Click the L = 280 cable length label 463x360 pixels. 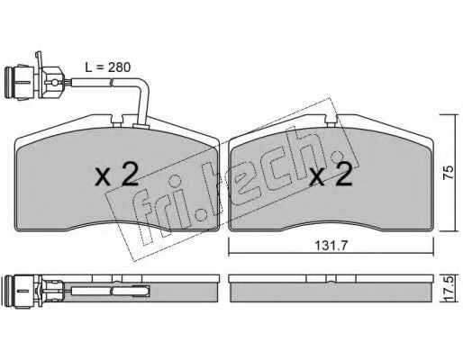pyautogui.click(x=108, y=67)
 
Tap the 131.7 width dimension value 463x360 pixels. pyautogui.click(x=331, y=246)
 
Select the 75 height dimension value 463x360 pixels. pyautogui.click(x=449, y=173)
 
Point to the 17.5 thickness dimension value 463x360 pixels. pyautogui.click(x=449, y=288)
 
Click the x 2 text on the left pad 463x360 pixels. pyautogui.click(x=116, y=174)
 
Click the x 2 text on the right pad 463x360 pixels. pyautogui.click(x=331, y=174)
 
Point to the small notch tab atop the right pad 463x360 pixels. pyautogui.click(x=331, y=123)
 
